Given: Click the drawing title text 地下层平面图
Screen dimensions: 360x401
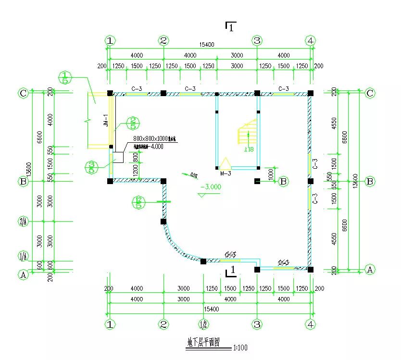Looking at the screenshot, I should [203, 343].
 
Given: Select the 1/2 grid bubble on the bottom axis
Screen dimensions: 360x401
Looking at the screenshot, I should [204, 324].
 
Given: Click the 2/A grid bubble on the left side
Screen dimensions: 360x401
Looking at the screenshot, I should [23, 222].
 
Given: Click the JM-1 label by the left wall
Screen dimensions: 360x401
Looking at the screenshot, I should [106, 120].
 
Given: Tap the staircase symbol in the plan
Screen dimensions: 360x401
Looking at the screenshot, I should [247, 132].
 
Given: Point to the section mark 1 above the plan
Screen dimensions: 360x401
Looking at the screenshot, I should [231, 27].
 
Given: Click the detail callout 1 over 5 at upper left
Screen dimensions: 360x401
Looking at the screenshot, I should [65, 77].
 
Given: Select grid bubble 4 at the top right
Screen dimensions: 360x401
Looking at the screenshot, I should [311, 40].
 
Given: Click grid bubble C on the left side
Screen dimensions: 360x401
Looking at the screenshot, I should [23, 93].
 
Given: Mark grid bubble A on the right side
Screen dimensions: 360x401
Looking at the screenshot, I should [370, 269].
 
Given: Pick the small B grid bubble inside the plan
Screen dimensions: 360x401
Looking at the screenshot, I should [284, 181].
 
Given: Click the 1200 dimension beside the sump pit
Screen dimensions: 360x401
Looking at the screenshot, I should [135, 169].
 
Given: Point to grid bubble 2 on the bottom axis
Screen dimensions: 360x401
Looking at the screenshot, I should [163, 324].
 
